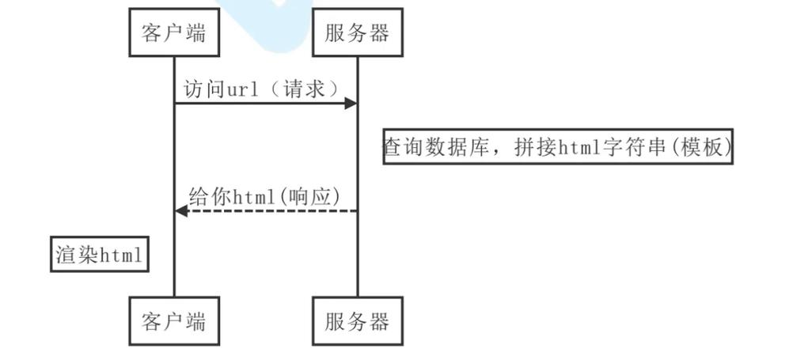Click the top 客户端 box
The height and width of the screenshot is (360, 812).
coord(174,33)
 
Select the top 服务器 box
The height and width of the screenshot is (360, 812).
coord(357,33)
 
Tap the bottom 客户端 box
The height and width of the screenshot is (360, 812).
coord(174,321)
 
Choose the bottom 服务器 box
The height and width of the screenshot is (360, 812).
coord(357,321)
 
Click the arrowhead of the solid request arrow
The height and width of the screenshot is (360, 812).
coord(350,104)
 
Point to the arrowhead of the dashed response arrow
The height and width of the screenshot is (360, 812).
coord(181,210)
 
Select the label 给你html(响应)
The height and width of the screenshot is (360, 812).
coord(266,196)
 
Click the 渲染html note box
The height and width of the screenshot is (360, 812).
coord(100,255)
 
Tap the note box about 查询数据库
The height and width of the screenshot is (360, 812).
coord(558,147)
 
